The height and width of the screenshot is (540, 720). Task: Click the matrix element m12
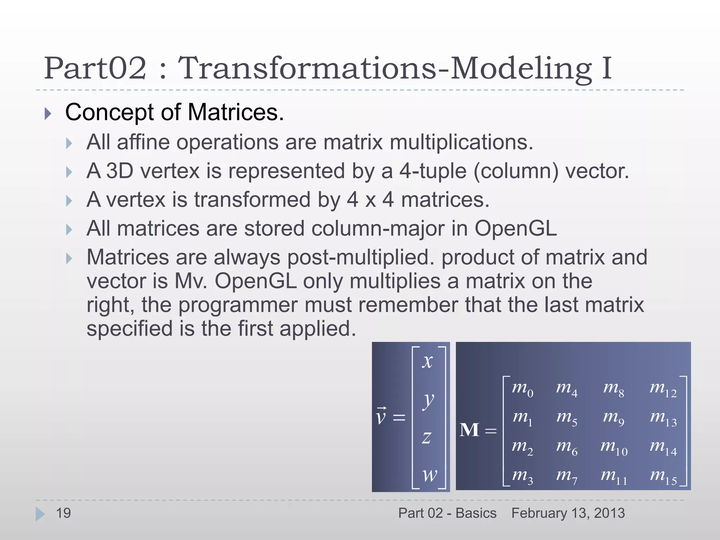tap(663, 389)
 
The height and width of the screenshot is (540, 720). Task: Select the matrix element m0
tap(522, 389)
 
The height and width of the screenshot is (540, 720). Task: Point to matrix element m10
tap(614, 448)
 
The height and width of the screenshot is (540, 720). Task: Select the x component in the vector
tap(427, 361)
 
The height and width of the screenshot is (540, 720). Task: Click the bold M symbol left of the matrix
tap(469, 430)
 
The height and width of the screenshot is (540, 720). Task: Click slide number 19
tap(64, 513)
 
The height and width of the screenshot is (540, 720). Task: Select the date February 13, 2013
tap(568, 513)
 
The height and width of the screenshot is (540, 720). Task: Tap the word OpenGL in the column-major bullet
tap(515, 229)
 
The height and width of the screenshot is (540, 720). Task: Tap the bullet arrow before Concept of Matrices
tap(48, 114)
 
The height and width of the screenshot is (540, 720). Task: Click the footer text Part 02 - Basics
tap(447, 513)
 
